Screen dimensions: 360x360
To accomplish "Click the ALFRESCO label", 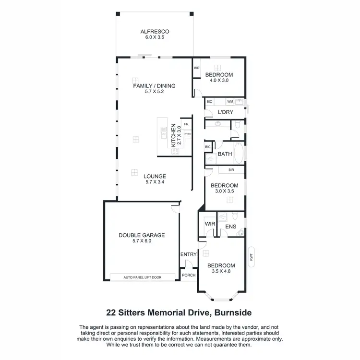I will pyautogui.click(x=155, y=32).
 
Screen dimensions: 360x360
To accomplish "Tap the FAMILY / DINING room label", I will pyautogui.click(x=154, y=86).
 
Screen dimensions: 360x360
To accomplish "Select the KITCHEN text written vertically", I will pyautogui.click(x=174, y=136).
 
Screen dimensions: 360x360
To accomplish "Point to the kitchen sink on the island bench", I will pyautogui.click(x=163, y=129).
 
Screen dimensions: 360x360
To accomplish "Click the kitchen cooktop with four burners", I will pyautogui.click(x=175, y=151).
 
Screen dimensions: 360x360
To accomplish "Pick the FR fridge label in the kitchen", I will pyautogui.click(x=186, y=124).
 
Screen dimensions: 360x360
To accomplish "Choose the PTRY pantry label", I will pyautogui.click(x=187, y=134).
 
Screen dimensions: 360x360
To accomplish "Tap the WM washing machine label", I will pyautogui.click(x=230, y=102).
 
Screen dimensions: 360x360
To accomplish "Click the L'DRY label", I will pyautogui.click(x=225, y=112).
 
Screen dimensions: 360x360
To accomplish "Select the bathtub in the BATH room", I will pyautogui.click(x=239, y=153).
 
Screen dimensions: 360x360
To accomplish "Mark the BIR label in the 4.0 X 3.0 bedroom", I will pyautogui.click(x=196, y=68).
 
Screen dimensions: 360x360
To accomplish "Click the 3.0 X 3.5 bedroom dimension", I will pyautogui.click(x=224, y=191).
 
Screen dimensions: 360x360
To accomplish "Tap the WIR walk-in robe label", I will pyautogui.click(x=209, y=224).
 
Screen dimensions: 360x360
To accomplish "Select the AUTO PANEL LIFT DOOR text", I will pyautogui.click(x=143, y=277).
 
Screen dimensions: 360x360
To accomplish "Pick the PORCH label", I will pyautogui.click(x=188, y=276).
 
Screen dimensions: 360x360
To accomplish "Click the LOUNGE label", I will pyautogui.click(x=154, y=176).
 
